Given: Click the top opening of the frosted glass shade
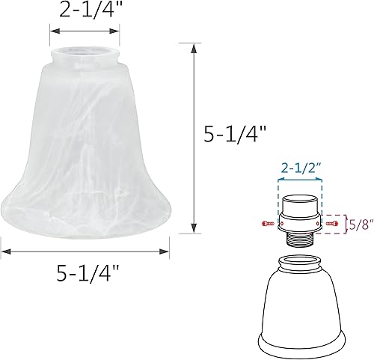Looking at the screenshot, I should (x=85, y=54).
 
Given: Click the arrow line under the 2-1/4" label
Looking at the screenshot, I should (x=85, y=31).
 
